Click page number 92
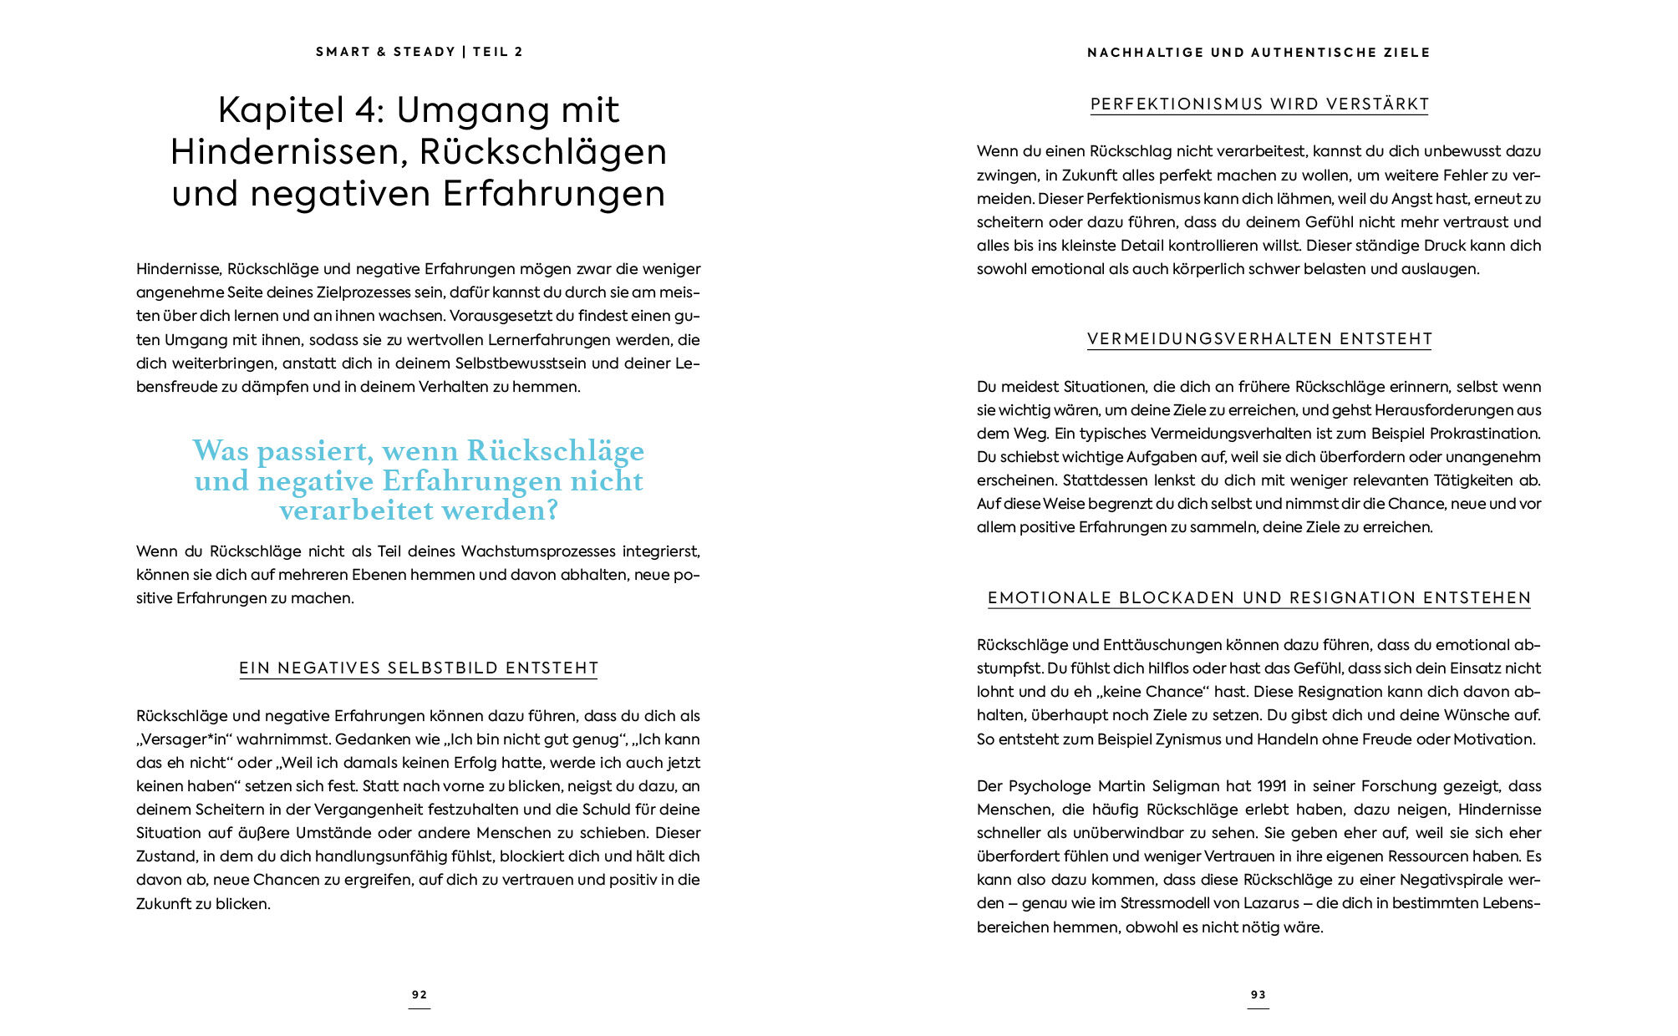point(419,994)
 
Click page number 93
point(1258,994)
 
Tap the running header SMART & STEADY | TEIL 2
point(419,52)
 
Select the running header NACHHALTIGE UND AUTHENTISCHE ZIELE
point(1258,53)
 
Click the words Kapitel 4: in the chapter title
point(300,110)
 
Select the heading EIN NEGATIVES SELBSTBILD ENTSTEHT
point(419,668)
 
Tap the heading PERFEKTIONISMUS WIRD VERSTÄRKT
point(1259,104)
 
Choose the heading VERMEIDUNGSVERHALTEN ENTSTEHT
point(1259,339)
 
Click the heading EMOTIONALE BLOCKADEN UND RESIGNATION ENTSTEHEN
point(1259,598)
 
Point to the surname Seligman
point(1182,786)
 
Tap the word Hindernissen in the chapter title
point(289,152)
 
